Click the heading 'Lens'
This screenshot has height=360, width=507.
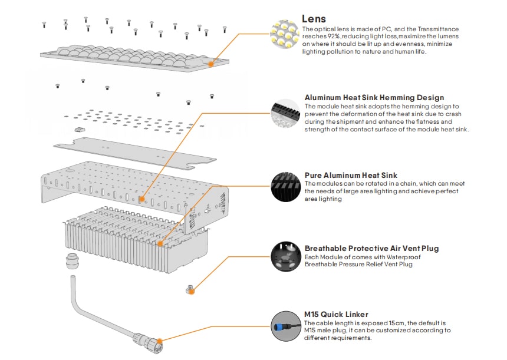click(314, 19)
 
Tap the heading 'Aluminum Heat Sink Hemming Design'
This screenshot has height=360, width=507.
click(374, 98)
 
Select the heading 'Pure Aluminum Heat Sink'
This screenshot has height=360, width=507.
click(351, 175)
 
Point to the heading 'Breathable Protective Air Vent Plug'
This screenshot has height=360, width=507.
click(371, 249)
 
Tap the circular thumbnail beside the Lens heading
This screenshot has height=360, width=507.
click(285, 36)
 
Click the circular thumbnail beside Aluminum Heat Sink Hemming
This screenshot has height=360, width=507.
click(285, 115)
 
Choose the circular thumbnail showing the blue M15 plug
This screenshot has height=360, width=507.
click(285, 326)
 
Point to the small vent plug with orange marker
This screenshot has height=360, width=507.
click(190, 289)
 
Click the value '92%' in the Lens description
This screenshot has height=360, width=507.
click(332, 36)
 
